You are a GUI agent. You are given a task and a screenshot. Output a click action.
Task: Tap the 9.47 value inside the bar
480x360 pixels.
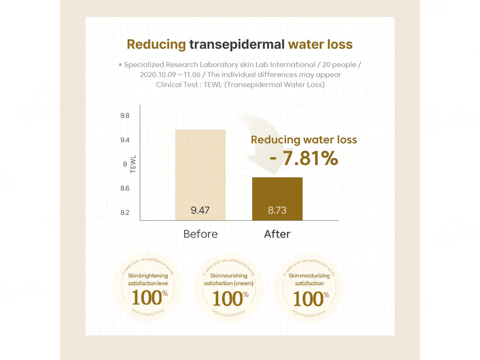[200, 210]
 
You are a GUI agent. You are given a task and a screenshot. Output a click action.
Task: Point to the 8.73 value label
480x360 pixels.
[277, 210]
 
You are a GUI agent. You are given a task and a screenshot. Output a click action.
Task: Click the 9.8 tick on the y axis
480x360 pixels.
[125, 116]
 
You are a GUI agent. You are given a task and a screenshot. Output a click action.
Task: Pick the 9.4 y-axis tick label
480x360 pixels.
[125, 140]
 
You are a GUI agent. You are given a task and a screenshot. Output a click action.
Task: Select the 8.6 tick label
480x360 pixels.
[125, 188]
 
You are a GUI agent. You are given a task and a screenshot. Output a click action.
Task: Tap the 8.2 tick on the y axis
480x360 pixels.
[125, 212]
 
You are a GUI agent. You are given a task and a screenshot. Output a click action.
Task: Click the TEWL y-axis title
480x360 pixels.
[133, 164]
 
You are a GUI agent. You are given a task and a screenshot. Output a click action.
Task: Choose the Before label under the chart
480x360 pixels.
[200, 234]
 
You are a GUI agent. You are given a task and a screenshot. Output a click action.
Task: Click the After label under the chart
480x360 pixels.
[277, 234]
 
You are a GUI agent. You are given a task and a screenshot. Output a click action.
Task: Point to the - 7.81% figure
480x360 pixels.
[304, 158]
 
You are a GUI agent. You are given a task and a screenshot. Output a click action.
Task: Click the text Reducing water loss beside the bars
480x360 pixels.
[304, 140]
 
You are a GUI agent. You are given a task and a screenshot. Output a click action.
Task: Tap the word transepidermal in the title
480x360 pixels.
[237, 45]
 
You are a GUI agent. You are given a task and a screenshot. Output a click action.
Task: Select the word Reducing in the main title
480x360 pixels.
[156, 45]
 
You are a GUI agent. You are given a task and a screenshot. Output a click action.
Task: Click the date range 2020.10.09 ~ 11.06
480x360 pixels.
[166, 74]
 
